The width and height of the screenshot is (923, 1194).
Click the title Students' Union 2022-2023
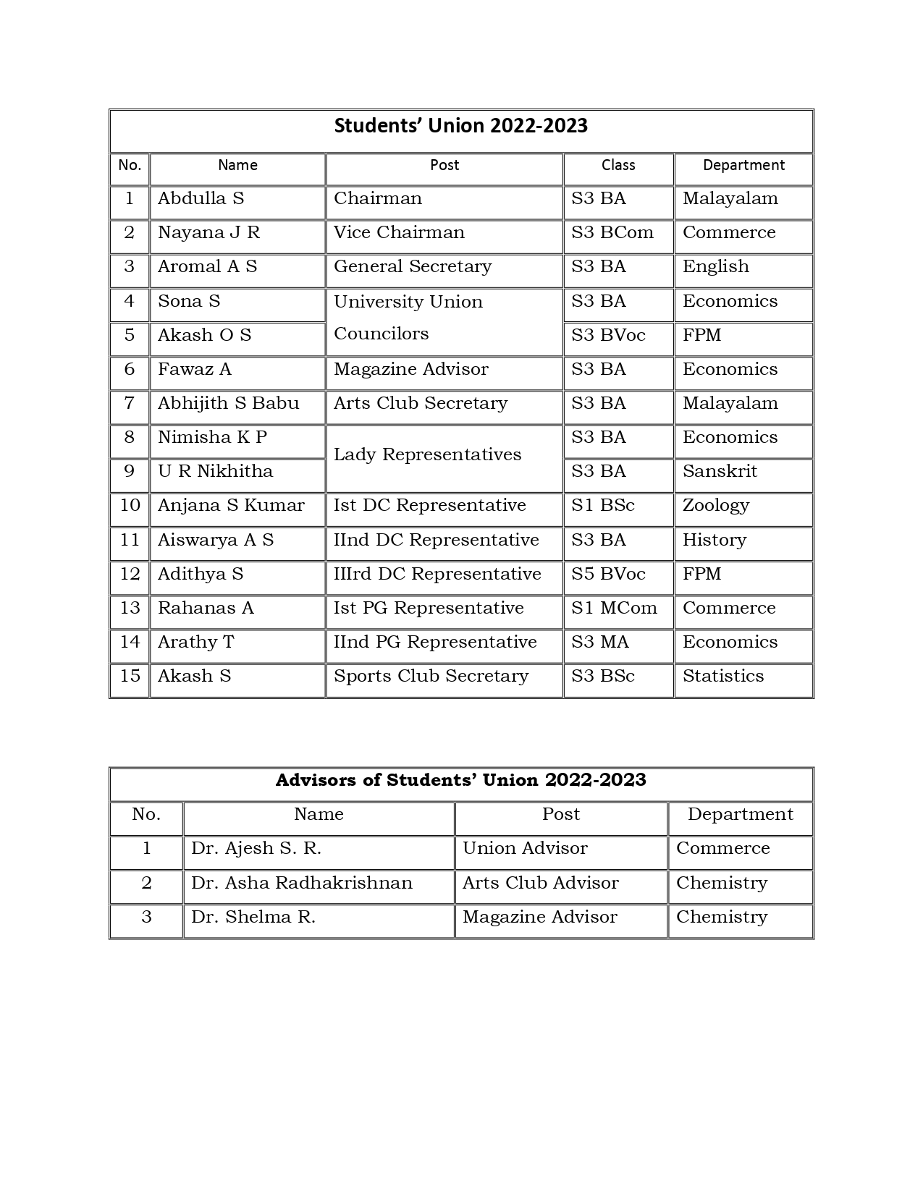coord(461,127)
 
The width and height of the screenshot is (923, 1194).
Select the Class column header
coord(618,166)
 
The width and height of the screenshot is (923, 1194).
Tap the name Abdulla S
coord(201,199)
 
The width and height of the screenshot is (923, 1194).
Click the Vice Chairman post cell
coord(399,233)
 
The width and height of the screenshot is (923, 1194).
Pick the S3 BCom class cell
coord(612,233)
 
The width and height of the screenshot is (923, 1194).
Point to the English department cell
coord(715,267)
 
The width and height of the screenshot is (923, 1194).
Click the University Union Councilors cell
coord(408,318)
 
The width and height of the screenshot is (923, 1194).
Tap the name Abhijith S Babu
coord(228,404)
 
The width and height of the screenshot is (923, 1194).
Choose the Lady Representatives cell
coord(427,455)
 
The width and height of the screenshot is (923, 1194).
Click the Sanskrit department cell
coord(720,472)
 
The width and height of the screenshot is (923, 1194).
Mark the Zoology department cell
coord(715,506)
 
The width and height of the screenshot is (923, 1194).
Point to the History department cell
coord(714,541)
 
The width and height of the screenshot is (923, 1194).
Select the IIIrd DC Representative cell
coord(437,575)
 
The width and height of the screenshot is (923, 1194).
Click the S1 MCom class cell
coord(614,609)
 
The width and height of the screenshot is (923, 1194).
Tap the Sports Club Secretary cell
coord(431,677)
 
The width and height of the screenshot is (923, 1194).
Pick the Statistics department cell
coord(723,677)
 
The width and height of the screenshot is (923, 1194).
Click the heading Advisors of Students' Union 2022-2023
coord(461,781)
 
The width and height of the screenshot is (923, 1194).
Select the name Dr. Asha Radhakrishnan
coord(302,884)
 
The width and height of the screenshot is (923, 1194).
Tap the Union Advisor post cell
coord(525,849)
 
